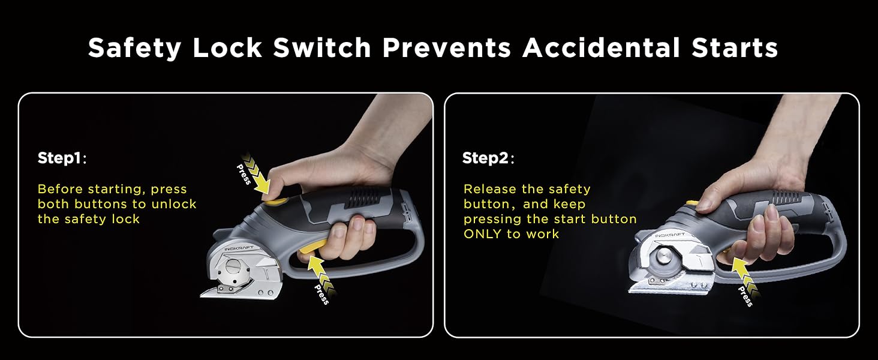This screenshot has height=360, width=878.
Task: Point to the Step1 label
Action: [x=61, y=158]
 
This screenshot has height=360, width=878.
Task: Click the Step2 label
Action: [x=486, y=158]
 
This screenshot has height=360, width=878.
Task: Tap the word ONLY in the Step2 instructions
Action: [x=483, y=234]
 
